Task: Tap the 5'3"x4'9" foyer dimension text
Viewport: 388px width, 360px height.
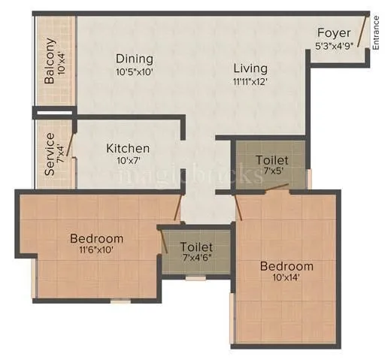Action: (x=335, y=45)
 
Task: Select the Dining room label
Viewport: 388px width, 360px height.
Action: (x=135, y=59)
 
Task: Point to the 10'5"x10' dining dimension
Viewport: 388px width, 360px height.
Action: (x=135, y=72)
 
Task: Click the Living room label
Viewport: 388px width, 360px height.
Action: (x=250, y=68)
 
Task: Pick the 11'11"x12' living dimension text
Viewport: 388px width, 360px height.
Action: (x=250, y=81)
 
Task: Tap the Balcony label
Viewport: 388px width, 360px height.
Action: (x=50, y=61)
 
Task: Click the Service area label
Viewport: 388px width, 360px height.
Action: (x=50, y=154)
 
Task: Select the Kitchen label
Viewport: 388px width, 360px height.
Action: (x=127, y=148)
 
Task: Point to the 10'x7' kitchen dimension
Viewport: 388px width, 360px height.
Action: (x=127, y=161)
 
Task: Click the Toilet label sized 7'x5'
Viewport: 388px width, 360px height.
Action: (x=271, y=160)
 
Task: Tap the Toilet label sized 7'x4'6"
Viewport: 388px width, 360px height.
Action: (x=196, y=247)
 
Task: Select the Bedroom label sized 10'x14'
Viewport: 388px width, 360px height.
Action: (x=286, y=266)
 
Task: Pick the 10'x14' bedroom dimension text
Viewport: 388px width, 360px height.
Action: (x=286, y=279)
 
